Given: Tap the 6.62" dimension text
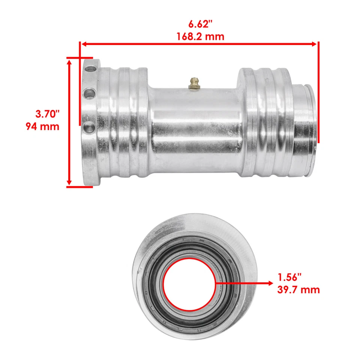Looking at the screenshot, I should point(200,25).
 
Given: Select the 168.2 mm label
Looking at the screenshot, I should point(200,36).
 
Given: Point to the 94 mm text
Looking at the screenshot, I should point(42,126).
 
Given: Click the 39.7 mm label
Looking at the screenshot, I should point(298,289).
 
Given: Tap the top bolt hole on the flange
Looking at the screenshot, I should point(90,69).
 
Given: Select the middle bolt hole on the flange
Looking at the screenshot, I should point(90,92).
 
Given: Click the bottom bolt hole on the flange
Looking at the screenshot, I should point(89,127).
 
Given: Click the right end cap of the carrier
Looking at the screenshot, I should point(304,129).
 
